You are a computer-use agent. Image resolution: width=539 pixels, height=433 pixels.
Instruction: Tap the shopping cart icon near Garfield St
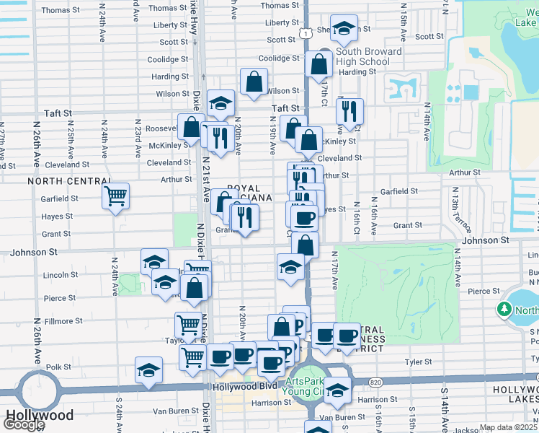tap(115, 195)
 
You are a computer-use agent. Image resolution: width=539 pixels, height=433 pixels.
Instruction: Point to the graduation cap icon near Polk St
tap(148, 370)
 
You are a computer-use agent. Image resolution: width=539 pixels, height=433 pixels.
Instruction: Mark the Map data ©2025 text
tap(508, 427)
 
